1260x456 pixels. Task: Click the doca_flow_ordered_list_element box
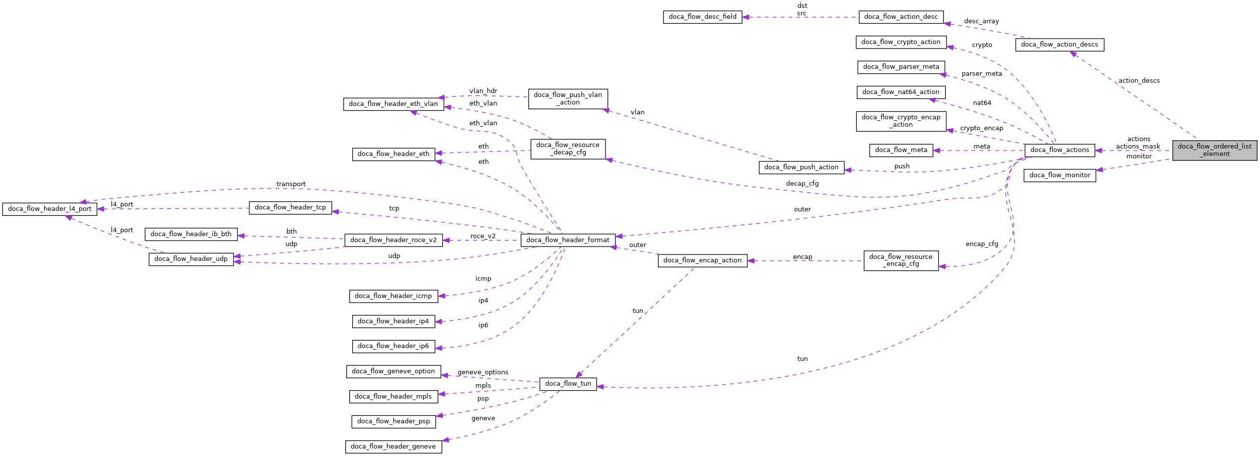1214,150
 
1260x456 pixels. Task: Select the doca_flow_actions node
1059,150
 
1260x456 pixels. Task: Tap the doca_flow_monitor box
1059,175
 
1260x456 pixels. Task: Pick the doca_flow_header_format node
567,240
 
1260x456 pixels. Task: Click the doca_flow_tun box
567,384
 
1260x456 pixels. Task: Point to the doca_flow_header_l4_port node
49,209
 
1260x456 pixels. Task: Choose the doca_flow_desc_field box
702,17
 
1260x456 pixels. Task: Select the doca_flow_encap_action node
702,260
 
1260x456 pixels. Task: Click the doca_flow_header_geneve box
393,447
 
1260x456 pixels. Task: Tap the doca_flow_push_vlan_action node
567,99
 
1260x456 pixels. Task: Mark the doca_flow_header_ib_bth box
190,234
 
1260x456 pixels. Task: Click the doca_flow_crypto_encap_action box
900,121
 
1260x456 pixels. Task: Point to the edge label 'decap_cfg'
802,184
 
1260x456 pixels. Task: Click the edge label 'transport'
291,184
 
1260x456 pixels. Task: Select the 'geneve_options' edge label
482,372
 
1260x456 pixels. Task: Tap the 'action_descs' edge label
1138,81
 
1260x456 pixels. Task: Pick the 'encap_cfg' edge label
981,244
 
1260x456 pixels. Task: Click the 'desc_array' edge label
981,21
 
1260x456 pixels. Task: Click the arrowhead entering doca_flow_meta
936,151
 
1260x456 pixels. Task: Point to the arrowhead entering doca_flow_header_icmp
442,296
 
